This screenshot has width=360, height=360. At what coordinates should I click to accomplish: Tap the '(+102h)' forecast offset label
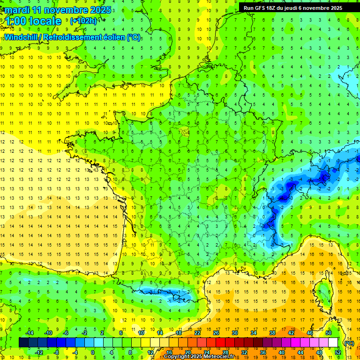(83, 21)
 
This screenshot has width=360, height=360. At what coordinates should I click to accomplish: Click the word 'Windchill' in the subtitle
(22, 37)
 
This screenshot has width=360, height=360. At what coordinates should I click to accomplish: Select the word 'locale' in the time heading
(45, 21)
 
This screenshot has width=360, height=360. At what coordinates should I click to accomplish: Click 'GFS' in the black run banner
(262, 7)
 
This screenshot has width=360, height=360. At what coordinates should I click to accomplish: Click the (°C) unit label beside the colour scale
(349, 343)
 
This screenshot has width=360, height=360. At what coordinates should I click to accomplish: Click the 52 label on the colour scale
(337, 352)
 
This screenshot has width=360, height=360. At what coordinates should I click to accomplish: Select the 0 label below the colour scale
(93, 352)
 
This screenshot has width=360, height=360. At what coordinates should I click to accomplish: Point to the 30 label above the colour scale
(234, 333)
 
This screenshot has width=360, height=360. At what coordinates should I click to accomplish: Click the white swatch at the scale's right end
(333, 343)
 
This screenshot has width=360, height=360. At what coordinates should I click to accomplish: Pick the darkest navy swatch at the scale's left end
(23, 343)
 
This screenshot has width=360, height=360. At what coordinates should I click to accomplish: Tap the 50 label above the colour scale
(329, 333)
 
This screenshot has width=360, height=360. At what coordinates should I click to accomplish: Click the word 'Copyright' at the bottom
(177, 357)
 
